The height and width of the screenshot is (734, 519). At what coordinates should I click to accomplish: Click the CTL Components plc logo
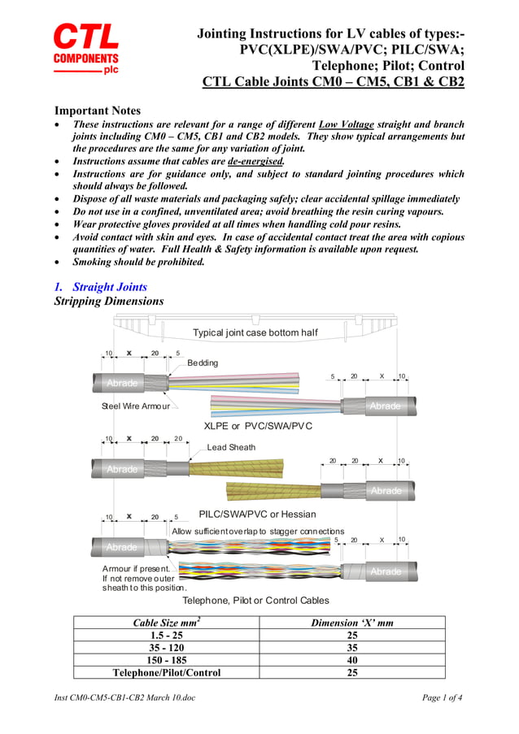point(86,49)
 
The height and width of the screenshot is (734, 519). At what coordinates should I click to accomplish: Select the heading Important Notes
point(97,111)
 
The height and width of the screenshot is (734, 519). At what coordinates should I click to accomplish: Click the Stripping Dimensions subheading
point(108,302)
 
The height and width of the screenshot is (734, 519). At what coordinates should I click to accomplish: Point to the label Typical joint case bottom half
point(255,332)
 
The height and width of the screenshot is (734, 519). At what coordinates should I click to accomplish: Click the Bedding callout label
point(203,363)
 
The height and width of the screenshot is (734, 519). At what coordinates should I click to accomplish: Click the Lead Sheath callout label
point(231,447)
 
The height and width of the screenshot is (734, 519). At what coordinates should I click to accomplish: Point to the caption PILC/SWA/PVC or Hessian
point(257,514)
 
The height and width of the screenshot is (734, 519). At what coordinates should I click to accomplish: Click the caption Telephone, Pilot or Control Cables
point(255,600)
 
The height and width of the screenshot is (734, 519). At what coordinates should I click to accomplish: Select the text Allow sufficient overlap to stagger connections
point(257,531)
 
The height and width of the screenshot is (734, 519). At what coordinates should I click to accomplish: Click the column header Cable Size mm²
point(167,623)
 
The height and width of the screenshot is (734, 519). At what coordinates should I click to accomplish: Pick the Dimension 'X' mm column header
point(352,623)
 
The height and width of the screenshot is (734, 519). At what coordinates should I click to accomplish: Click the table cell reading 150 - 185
point(167,660)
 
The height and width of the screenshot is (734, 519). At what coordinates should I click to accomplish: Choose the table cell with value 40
point(352,660)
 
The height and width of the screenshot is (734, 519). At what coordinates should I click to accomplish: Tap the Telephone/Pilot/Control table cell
point(167,672)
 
